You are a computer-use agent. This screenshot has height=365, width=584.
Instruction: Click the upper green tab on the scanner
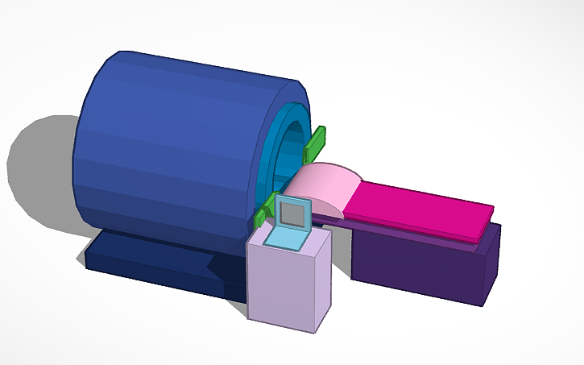[315, 143]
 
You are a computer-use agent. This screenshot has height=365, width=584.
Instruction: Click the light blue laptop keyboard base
[286, 239]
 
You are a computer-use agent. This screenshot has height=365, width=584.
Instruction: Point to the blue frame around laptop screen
[279, 211]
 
